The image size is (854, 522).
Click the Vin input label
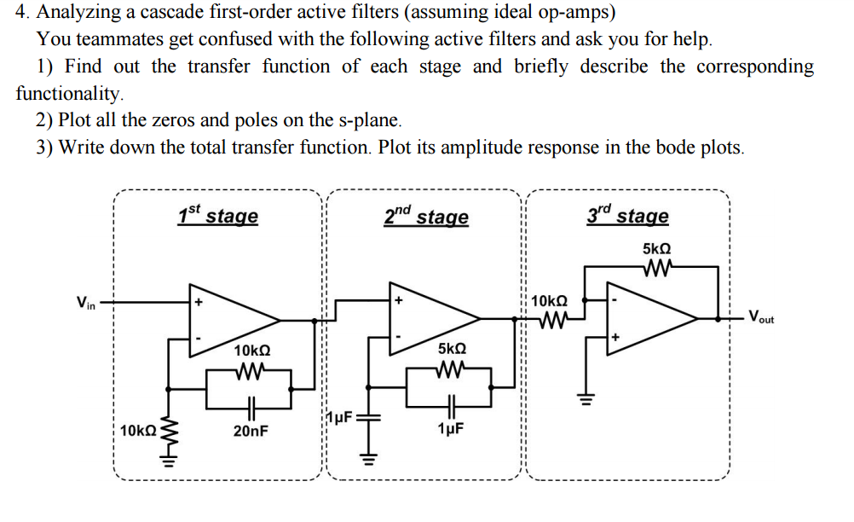pos(87,302)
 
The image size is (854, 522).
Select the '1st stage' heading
pos(217,216)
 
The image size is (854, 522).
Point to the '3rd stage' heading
pos(628,215)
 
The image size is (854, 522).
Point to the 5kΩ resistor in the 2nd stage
pos(451,369)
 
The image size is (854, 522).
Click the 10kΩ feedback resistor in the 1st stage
pos(251,370)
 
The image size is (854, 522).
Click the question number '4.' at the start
pos(24,13)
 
